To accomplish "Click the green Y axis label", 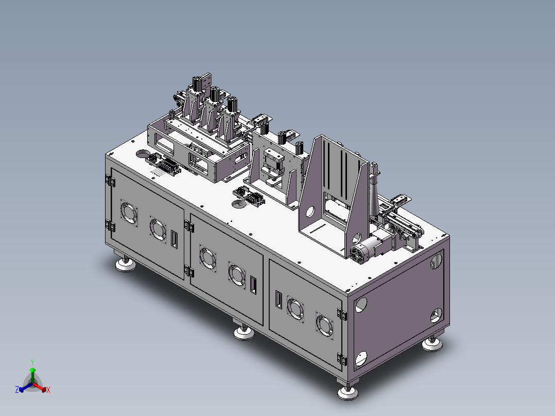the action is (x=32, y=362).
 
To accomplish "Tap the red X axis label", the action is (x=48, y=390).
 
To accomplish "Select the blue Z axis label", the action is (x=17, y=389).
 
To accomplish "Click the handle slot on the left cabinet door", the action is (x=174, y=239).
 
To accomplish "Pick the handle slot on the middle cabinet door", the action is (x=253, y=285).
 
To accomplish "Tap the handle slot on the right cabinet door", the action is (x=279, y=300).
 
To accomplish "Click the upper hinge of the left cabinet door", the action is (x=110, y=181).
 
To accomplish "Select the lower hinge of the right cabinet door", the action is (x=341, y=359).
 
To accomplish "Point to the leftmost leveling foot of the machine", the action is (x=125, y=264).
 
